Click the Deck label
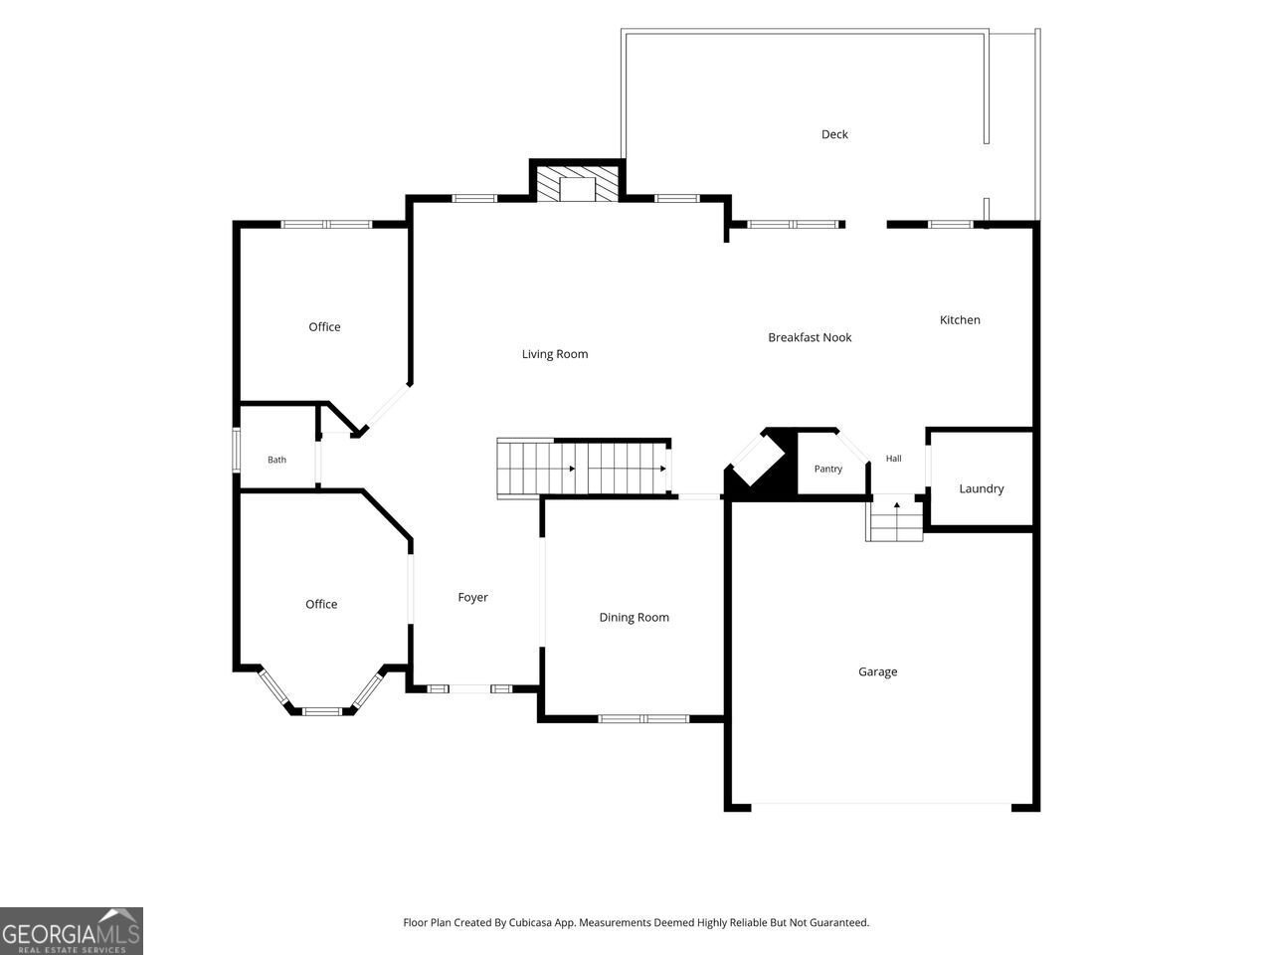pos(834,134)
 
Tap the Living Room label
pos(554,354)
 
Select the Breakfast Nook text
pos(810,337)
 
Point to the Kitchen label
pos(960,320)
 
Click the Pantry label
pos(828,469)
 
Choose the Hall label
pos(893,458)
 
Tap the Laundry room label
pos(982,488)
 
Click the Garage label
pos(877,671)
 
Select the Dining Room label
pos(634,618)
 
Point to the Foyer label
pos(472,597)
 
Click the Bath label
pos(276,460)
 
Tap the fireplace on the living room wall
pos(577,184)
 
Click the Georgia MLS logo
pos(72,931)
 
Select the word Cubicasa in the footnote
pos(528,922)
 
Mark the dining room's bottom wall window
pos(643,719)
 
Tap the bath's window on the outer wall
pos(236,450)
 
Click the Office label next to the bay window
pos(321,604)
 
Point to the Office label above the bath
pos(324,327)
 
